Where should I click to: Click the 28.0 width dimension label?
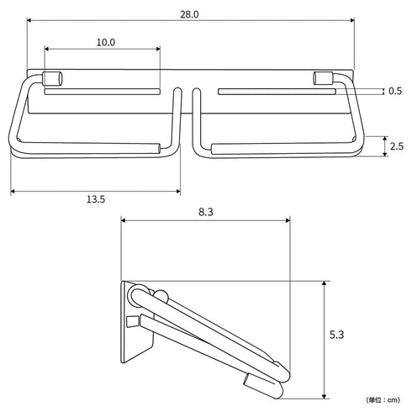click(x=189, y=14)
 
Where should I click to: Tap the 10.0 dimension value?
click(x=106, y=42)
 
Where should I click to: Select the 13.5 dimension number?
click(x=96, y=199)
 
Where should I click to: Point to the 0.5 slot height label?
click(x=395, y=91)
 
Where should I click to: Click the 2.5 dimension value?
click(x=397, y=146)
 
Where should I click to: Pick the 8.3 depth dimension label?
click(x=206, y=212)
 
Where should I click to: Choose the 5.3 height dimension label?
click(x=336, y=335)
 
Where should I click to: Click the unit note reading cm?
click(x=383, y=400)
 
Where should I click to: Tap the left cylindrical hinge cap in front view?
click(x=52, y=78)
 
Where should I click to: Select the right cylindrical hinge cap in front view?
click(x=323, y=78)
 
